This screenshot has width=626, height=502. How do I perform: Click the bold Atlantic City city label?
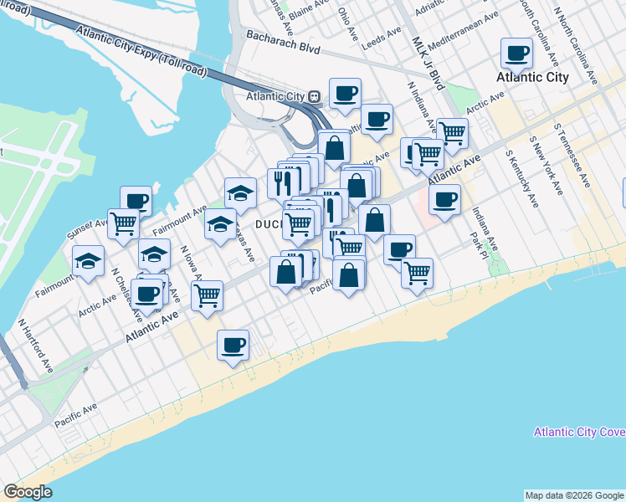pos(532,77)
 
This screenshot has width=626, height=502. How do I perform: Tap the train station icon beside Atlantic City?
pos(314,96)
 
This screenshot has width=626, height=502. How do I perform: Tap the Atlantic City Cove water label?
pos(578,432)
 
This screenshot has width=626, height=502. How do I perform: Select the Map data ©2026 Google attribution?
pos(574,495)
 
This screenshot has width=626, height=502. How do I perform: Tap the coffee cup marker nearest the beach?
pos(233,344)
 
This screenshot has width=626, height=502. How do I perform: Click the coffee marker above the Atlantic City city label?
pos(516,53)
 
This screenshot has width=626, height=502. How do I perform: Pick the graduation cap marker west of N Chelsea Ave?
pos(88,260)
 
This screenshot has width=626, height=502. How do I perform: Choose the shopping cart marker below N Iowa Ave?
pos(207,295)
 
